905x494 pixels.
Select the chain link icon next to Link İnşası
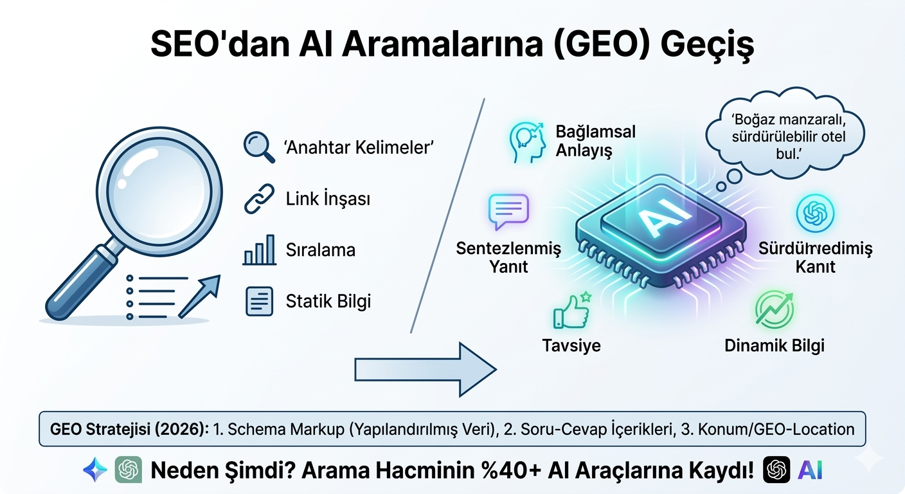[x=259, y=199]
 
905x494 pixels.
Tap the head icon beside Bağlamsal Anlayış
[x=525, y=142]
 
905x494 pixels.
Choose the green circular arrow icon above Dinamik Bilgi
[x=773, y=308]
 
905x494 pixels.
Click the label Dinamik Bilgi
[x=774, y=345]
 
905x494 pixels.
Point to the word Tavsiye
[x=571, y=345]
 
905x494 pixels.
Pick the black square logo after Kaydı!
[x=776, y=470]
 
